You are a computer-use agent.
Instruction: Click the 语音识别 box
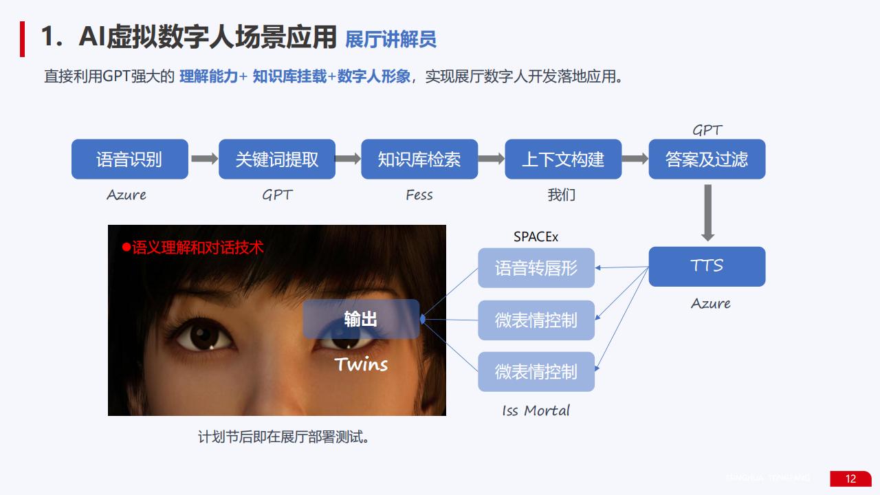click(130, 159)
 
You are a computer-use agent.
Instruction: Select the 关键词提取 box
click(277, 159)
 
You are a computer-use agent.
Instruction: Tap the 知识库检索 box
click(419, 159)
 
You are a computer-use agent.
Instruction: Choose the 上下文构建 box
click(563, 159)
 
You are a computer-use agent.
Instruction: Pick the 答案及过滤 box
click(707, 159)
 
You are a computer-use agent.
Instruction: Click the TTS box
click(707, 266)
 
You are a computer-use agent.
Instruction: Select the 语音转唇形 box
click(536, 268)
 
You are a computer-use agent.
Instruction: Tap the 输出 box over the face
click(361, 319)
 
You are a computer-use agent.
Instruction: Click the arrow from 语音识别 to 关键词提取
click(204, 159)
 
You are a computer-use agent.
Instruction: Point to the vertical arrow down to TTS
click(707, 212)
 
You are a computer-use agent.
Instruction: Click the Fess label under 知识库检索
click(419, 195)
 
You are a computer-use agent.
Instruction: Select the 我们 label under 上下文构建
click(562, 195)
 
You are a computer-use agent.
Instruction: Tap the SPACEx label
click(536, 237)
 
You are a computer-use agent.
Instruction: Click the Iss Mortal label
click(536, 410)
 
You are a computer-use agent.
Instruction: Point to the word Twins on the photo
click(361, 364)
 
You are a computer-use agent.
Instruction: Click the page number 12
click(850, 478)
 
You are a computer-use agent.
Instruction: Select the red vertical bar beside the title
click(23, 39)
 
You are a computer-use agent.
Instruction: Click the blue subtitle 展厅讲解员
click(390, 39)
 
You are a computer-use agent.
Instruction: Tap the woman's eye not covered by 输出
click(204, 336)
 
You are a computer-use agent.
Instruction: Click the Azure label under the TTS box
click(711, 303)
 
